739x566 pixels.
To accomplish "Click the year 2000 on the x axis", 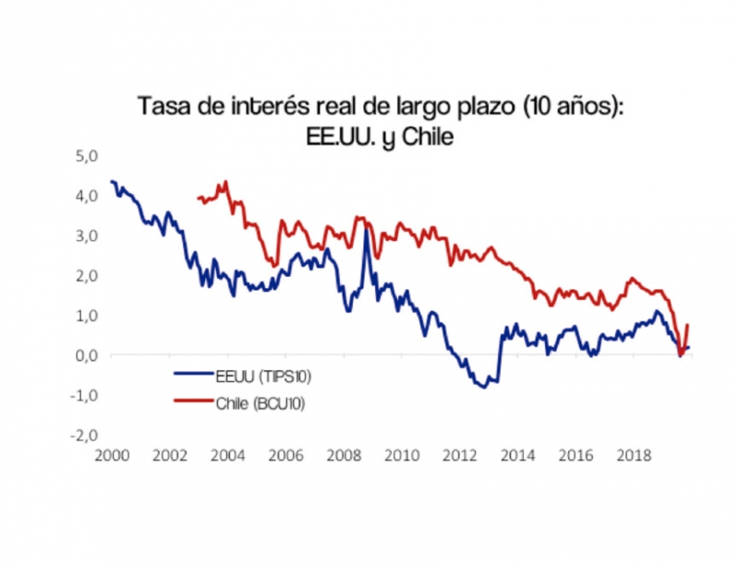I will pyautogui.click(x=110, y=456).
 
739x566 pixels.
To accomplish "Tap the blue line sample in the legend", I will pyautogui.click(x=195, y=374).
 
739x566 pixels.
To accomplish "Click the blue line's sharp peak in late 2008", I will pyautogui.click(x=366, y=231).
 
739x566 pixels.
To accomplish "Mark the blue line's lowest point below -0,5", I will pyautogui.click(x=485, y=387).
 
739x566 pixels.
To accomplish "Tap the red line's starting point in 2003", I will pyautogui.click(x=199, y=197).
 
